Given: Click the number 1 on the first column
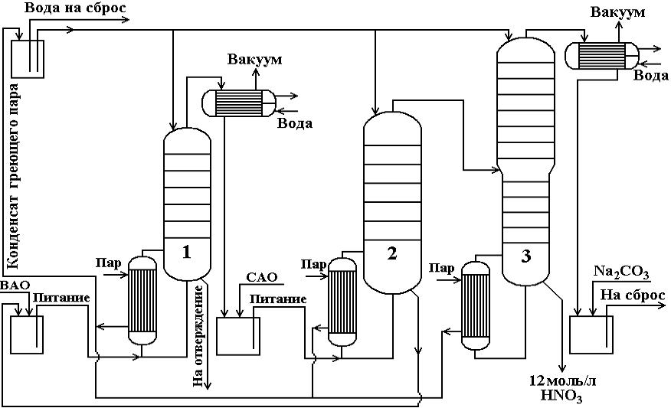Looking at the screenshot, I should (x=186, y=251).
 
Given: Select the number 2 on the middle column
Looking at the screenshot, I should (x=392, y=254).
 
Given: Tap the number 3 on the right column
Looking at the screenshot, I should (x=525, y=256).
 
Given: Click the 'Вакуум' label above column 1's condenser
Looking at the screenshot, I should (x=255, y=60).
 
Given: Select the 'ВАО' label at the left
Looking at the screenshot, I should (x=15, y=285).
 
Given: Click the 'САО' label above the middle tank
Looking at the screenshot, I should (x=261, y=277).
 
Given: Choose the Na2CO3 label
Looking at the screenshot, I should (x=621, y=272).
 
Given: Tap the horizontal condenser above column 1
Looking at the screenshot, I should (x=238, y=100).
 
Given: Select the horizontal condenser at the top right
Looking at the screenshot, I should (x=600, y=54).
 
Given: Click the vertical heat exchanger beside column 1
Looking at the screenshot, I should (x=142, y=300).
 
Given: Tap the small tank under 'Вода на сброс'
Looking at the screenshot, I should (x=28, y=56).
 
